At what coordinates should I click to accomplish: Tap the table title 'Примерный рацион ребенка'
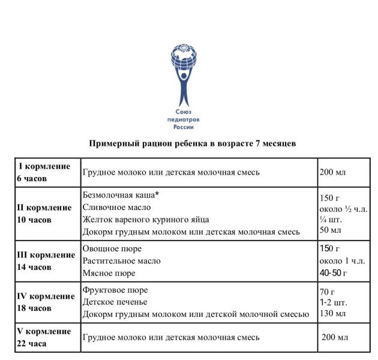[x=192, y=143]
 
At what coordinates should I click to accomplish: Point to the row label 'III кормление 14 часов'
[x=46, y=261]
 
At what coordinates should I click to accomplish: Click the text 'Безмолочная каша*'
[x=123, y=195]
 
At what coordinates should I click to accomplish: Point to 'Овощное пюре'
[x=112, y=248]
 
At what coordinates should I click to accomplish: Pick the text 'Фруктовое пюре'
[x=115, y=290]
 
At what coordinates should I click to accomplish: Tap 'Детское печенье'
[x=115, y=302]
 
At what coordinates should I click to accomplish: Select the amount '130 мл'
[x=333, y=314]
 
